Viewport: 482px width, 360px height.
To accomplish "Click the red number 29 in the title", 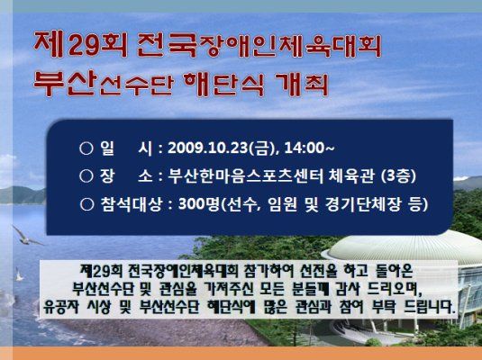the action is [x=84, y=46].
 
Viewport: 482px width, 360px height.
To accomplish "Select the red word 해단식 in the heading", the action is [x=223, y=85].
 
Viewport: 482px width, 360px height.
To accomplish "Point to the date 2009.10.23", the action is [x=207, y=148].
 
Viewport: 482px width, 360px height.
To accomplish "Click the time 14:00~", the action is [x=309, y=148].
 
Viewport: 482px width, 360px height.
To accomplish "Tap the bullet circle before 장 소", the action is [x=86, y=176].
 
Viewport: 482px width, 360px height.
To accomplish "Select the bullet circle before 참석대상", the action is [x=86, y=204].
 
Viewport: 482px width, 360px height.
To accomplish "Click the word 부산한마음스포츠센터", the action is [x=246, y=176].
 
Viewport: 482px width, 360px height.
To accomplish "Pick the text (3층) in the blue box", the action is [x=399, y=176].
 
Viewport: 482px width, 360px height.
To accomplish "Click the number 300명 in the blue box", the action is [x=198, y=204].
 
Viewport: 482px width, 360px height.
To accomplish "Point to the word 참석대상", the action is [x=131, y=204].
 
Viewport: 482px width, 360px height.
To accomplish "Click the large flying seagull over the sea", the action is [x=27, y=236].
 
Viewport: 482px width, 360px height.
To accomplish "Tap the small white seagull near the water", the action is [x=19, y=274].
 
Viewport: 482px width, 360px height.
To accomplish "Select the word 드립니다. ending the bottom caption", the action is [x=430, y=307].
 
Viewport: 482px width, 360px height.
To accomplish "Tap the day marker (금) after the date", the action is [x=262, y=148].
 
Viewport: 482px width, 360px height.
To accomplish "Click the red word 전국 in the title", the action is [x=167, y=46].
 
